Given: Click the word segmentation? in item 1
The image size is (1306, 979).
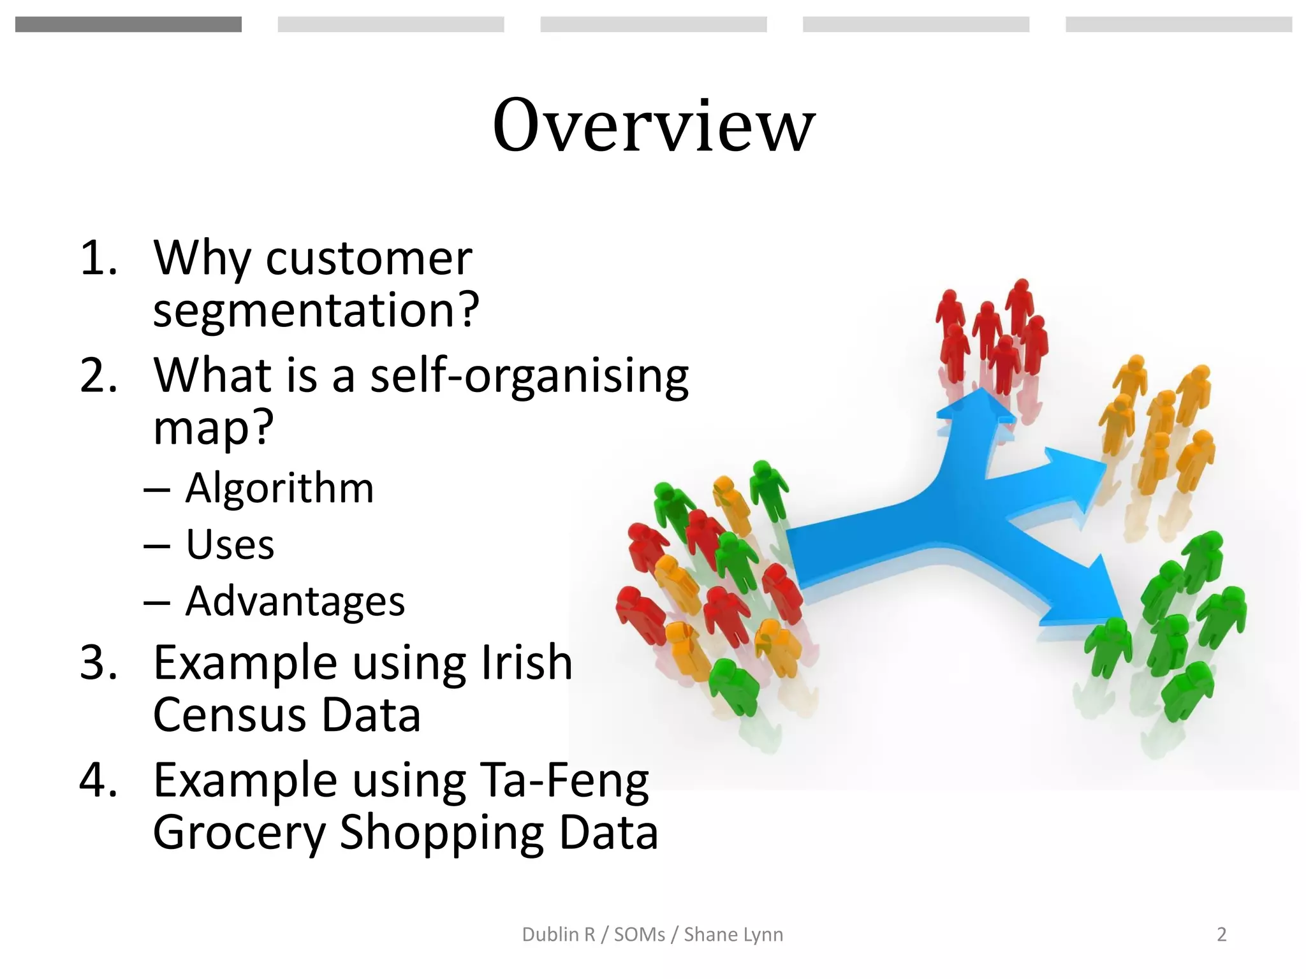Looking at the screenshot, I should coord(316,310).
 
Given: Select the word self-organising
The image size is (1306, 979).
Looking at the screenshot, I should coord(529,376).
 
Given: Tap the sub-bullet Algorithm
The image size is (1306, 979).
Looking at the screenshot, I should coord(279,488).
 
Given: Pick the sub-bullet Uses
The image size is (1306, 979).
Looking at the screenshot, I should coord(230,545).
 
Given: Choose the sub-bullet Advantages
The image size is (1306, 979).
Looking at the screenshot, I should coord(295,601).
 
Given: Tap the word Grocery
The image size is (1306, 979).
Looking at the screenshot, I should coord(239,832).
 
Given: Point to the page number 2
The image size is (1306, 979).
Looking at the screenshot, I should coord(1221,934).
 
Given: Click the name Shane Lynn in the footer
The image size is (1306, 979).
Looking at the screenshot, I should coord(733,934).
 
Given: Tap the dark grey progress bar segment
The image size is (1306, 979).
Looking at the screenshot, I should coord(128,24).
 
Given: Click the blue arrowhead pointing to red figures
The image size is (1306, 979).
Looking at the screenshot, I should coord(976,408).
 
